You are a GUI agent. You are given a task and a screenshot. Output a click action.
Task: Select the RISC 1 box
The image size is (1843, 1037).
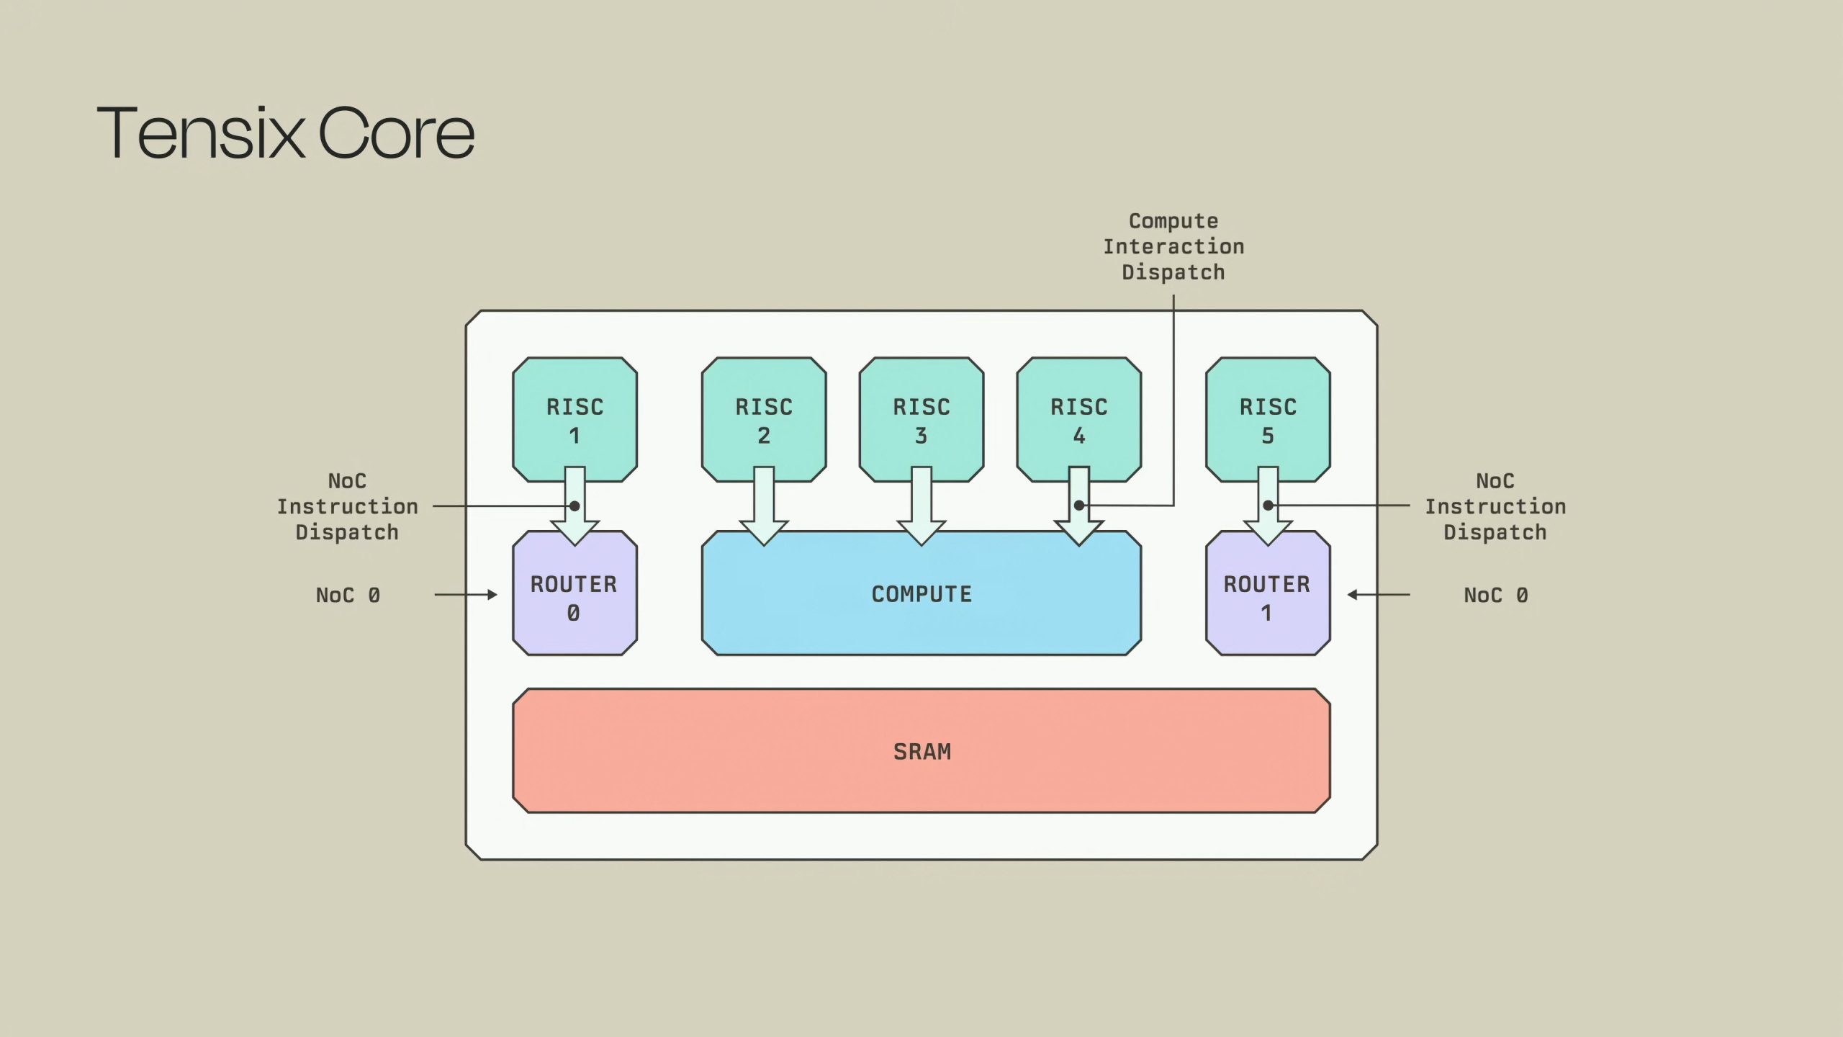coord(574,419)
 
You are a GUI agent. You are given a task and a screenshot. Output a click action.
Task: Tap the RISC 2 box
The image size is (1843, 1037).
coord(764,419)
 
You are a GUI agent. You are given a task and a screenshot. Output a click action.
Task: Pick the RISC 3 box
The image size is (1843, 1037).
coord(921,419)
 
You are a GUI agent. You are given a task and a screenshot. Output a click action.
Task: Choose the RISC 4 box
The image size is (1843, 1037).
coord(1079,419)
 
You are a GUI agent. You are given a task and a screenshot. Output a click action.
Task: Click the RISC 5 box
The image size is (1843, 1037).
coord(1268,419)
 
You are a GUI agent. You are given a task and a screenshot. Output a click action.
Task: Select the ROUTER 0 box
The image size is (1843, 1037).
coord(574,593)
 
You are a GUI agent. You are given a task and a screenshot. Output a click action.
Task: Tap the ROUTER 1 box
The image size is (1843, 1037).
coord(1268,593)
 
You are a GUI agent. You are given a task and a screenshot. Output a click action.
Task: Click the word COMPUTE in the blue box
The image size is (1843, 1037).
coord(921,594)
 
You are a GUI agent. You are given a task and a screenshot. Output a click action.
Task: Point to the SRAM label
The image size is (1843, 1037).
coord(922,752)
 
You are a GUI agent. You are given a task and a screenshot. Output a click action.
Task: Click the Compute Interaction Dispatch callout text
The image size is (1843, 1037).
coord(1173,246)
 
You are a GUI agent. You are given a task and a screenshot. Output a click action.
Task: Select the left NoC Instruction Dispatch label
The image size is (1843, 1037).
coord(348,506)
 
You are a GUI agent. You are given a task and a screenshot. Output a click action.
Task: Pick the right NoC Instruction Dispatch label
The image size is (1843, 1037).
coord(1495,506)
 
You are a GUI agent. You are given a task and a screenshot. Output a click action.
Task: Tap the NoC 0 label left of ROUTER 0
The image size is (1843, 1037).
coord(348,595)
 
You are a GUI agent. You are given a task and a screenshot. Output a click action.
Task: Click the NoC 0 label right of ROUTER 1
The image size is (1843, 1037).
coord(1495,595)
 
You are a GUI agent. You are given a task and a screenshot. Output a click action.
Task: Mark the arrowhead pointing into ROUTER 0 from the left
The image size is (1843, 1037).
coord(492,595)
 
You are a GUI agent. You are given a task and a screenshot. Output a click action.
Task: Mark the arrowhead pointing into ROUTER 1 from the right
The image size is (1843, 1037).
coord(1352,595)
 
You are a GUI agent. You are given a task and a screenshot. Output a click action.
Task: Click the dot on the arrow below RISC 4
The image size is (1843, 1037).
coord(1079,506)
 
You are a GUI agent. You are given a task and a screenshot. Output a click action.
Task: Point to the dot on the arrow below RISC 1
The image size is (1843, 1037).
coord(574,506)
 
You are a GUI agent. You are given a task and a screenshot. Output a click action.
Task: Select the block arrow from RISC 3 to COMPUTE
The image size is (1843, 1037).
coord(921,506)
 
